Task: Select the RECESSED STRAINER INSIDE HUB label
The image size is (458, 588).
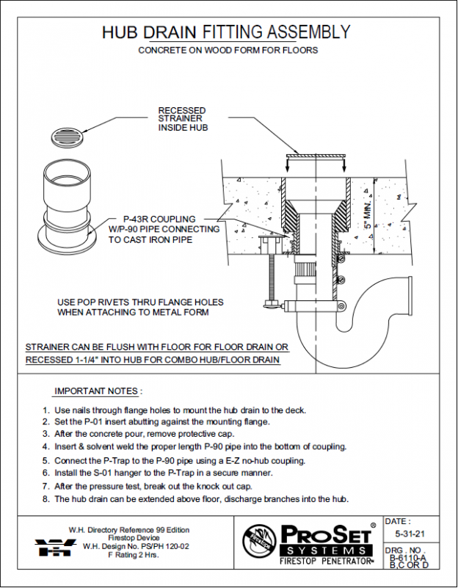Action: click(183, 120)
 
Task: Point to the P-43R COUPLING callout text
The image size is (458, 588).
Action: click(159, 219)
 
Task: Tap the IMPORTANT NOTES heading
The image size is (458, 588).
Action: click(98, 391)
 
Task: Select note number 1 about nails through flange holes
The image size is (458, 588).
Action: click(174, 410)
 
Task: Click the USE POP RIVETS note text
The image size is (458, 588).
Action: click(140, 307)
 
